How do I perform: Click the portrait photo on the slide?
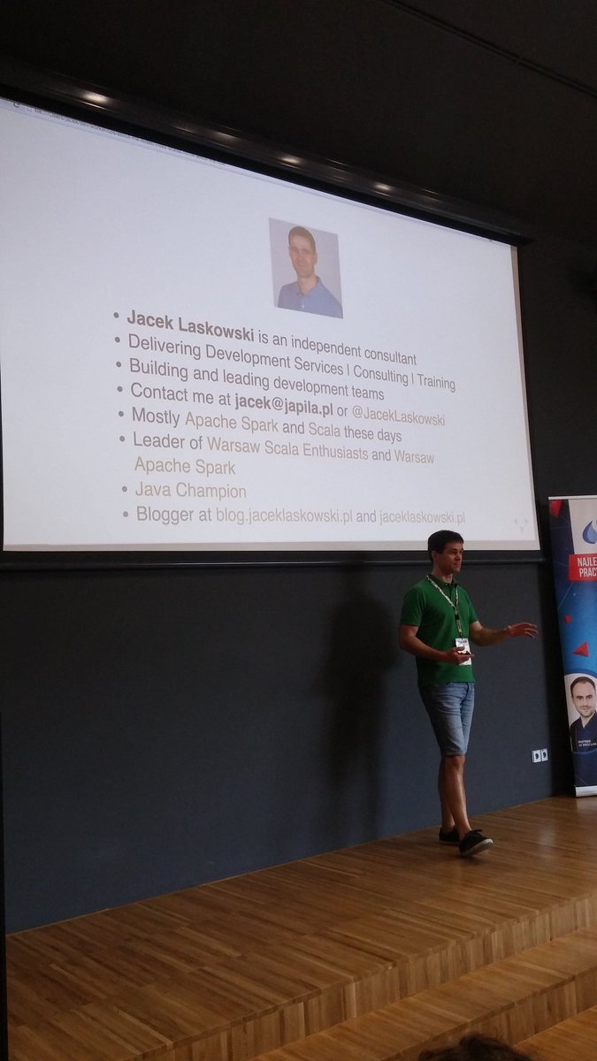pos(305,268)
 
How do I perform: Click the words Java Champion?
pos(190,490)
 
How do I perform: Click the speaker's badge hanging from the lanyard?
pos(462,645)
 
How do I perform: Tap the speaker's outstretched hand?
pos(522,630)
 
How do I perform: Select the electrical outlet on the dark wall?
pos(539,755)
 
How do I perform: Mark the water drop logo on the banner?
pos(587,530)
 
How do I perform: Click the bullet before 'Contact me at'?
pos(119,387)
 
